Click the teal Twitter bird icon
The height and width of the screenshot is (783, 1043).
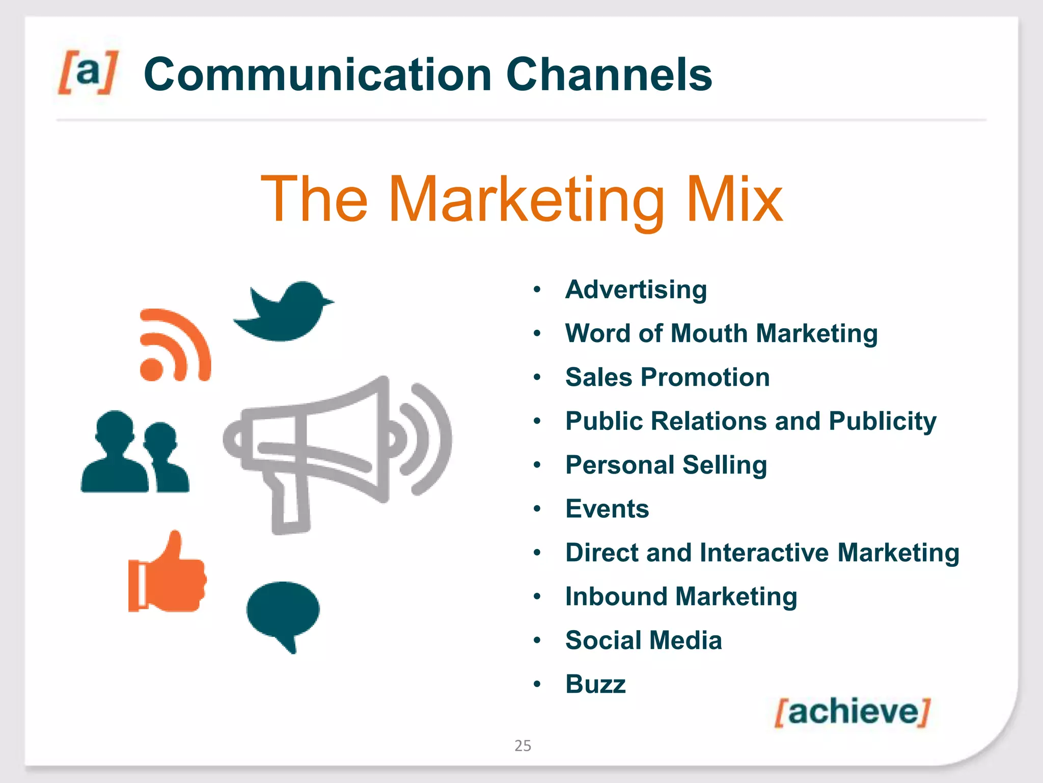pyautogui.click(x=283, y=311)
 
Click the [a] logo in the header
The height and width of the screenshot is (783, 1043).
pyautogui.click(x=88, y=72)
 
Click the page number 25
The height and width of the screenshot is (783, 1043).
pyautogui.click(x=523, y=746)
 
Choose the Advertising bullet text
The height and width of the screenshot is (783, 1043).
pyautogui.click(x=636, y=290)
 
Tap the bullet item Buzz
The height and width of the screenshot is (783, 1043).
pyautogui.click(x=595, y=684)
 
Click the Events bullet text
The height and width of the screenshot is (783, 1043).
pyautogui.click(x=607, y=509)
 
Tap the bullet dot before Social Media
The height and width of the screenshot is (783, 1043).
pyautogui.click(x=537, y=640)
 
